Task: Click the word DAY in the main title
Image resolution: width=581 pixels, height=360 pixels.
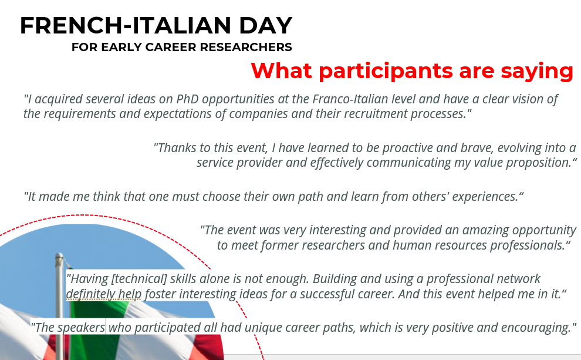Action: click(x=266, y=26)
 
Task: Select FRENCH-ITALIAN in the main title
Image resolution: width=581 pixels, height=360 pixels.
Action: click(x=126, y=26)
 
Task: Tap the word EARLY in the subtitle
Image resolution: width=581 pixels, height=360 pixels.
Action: click(x=121, y=47)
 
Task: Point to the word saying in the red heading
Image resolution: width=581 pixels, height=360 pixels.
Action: click(x=537, y=71)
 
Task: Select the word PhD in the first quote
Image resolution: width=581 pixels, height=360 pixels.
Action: click(x=187, y=99)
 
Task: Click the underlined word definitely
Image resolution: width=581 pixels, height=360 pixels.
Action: click(x=90, y=294)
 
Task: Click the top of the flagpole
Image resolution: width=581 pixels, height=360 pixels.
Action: click(x=59, y=255)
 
